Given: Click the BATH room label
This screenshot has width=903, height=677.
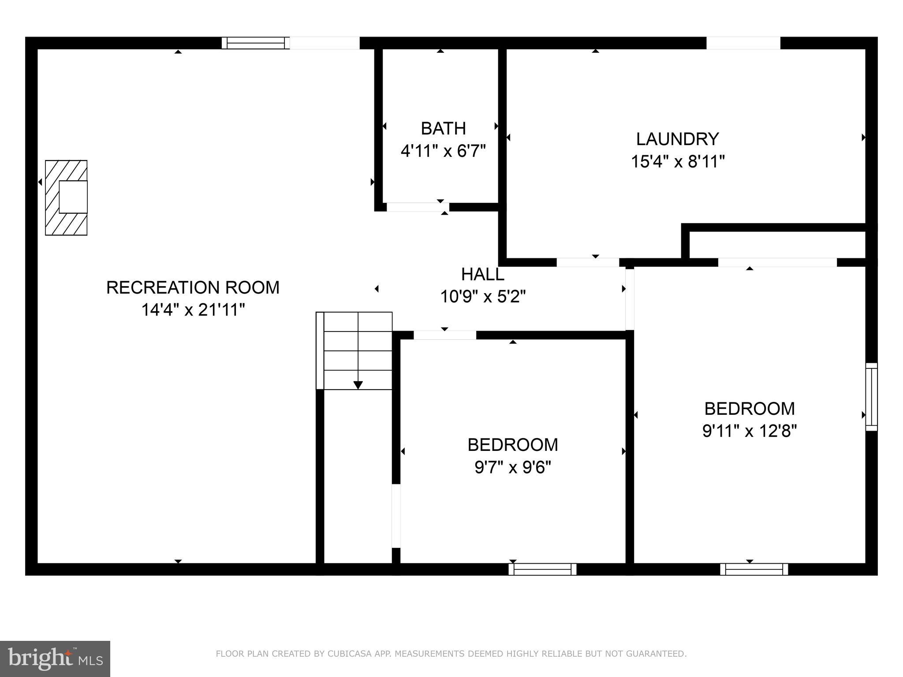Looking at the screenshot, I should [x=443, y=129].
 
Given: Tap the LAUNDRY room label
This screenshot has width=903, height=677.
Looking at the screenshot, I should [x=677, y=139].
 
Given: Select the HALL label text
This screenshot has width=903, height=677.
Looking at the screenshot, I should [x=482, y=275].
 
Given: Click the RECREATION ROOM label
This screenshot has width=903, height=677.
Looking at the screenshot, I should [x=193, y=288].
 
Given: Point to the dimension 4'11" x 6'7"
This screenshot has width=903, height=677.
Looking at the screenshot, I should [x=443, y=151].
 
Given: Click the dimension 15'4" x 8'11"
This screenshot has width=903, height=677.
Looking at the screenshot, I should [x=678, y=162].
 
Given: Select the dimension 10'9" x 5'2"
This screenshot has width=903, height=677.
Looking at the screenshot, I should [x=483, y=297].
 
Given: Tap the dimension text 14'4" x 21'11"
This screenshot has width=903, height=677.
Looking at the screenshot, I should [x=193, y=310].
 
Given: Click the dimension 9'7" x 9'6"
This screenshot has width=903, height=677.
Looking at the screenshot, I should [x=513, y=467].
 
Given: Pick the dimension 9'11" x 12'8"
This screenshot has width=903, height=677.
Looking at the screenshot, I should [x=750, y=431].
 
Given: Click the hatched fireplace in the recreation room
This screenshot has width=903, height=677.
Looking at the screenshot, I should [x=66, y=197].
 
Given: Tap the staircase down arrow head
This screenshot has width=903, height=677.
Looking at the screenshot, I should [x=358, y=385].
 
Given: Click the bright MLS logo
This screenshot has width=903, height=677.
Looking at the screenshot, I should [x=55, y=659].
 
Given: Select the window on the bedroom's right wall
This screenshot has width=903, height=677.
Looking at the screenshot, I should [x=871, y=397].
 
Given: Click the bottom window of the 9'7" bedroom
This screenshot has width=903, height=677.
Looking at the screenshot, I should [x=542, y=569].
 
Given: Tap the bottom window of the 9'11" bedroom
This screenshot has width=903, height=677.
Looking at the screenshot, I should [x=754, y=569].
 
